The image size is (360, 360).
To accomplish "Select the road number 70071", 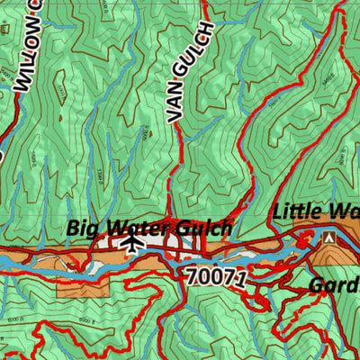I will [x=217, y=275].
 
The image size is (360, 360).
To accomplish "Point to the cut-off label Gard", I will [x=333, y=285].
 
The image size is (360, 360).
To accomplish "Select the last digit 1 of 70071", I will [x=240, y=278].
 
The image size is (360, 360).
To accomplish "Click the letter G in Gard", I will [x=316, y=285].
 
